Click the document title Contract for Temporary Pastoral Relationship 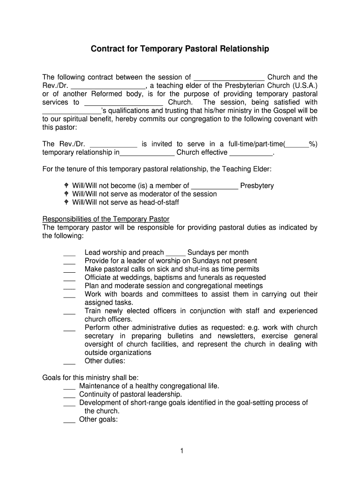pyautogui.click(x=180, y=49)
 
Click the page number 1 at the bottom pyautogui.click(x=180, y=451)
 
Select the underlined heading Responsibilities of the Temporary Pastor pyautogui.click(x=106, y=219)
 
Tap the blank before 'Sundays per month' pyautogui.click(x=176, y=253)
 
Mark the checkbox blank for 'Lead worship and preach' pyautogui.click(x=69, y=253)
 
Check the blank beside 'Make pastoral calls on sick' pyautogui.click(x=69, y=270)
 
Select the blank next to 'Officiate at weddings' pyautogui.click(x=69, y=278)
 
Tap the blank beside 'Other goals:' pyautogui.click(x=69, y=420)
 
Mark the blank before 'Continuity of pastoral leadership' pyautogui.click(x=69, y=395)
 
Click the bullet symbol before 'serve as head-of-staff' pyautogui.click(x=67, y=203)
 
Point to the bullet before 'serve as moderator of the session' pyautogui.click(x=67, y=194)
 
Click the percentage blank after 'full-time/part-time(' pyautogui.click(x=297, y=144)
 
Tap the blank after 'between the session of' pyautogui.click(x=229, y=77)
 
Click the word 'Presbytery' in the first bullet pyautogui.click(x=257, y=186)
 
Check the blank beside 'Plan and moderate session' pyautogui.click(x=69, y=286)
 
